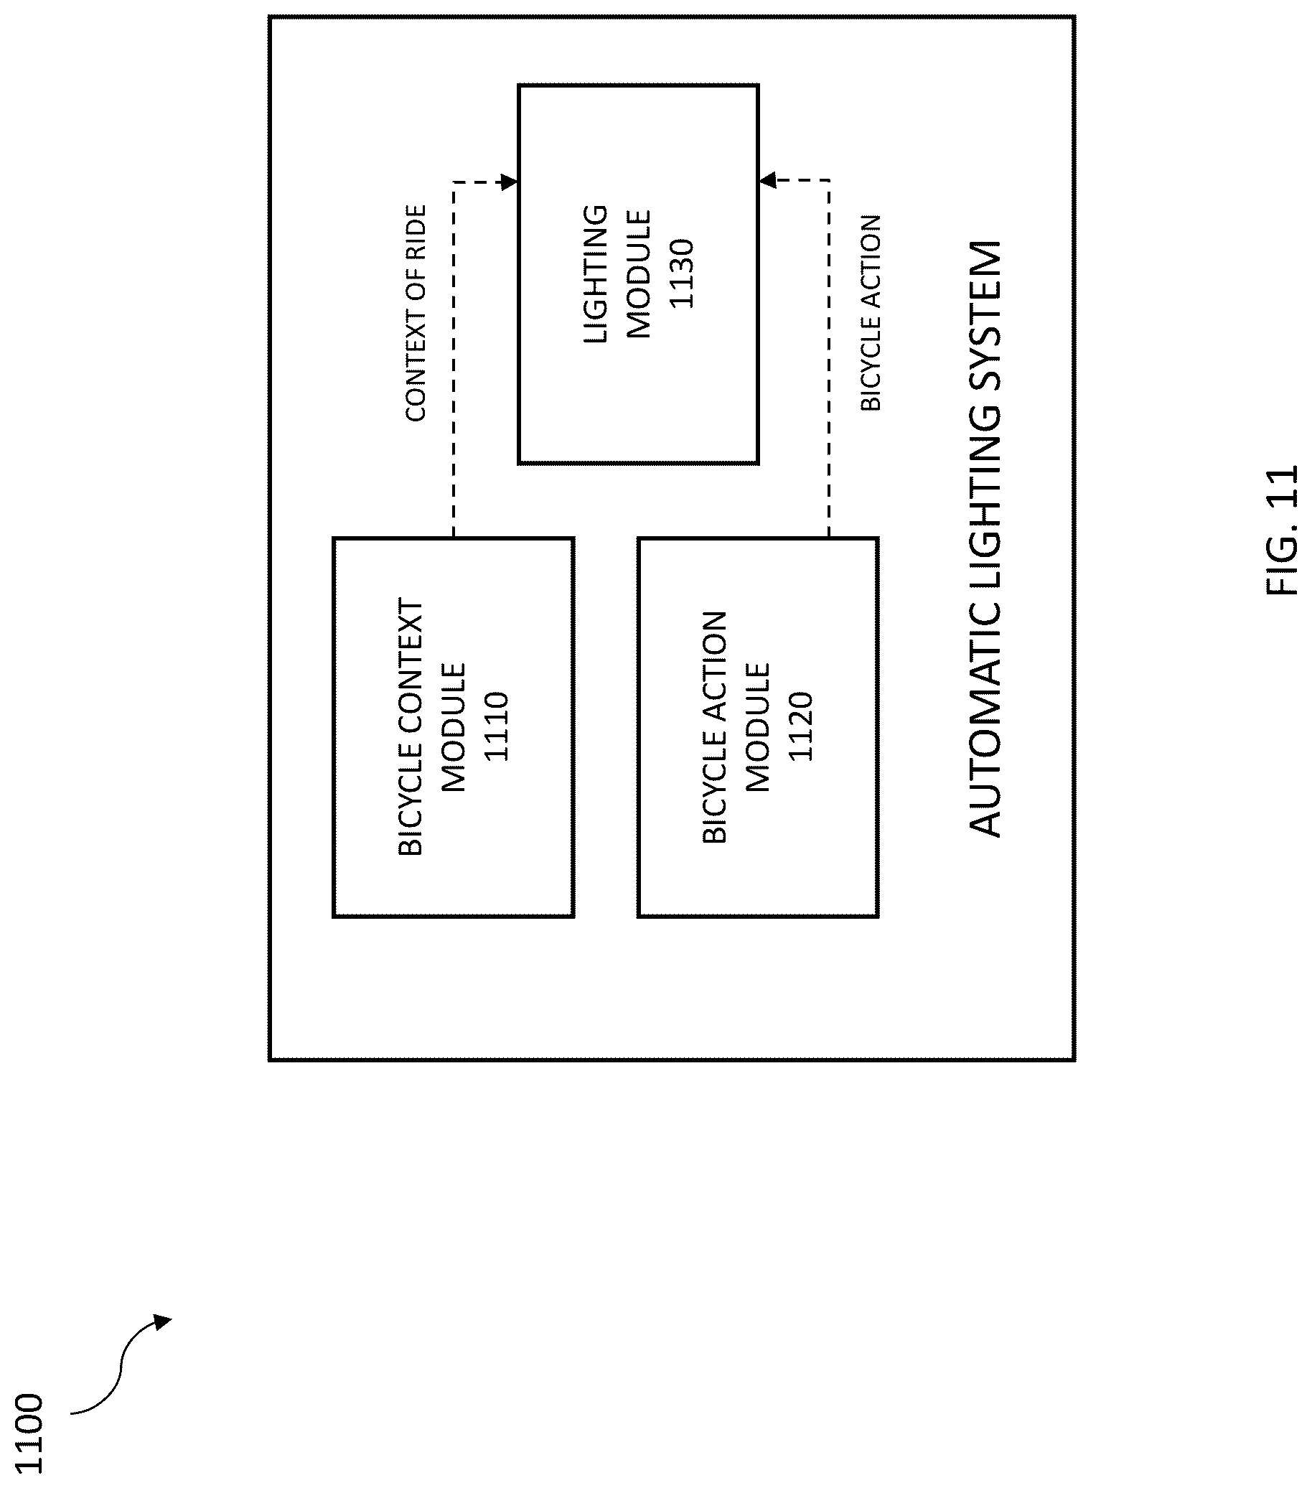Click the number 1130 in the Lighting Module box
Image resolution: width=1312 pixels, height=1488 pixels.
(x=682, y=273)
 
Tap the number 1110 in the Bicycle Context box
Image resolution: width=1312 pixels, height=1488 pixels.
(x=496, y=726)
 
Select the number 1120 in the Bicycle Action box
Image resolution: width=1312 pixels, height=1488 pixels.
(x=800, y=726)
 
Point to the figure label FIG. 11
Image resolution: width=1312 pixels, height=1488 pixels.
(x=1281, y=530)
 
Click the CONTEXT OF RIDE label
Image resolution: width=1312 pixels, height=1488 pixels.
(x=415, y=313)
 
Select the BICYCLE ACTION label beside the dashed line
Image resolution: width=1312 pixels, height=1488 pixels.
(x=871, y=313)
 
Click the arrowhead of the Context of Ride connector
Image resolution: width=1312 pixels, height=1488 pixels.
(x=509, y=182)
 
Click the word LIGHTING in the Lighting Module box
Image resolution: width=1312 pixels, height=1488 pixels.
(x=596, y=273)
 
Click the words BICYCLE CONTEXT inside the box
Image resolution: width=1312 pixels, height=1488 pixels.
(x=411, y=726)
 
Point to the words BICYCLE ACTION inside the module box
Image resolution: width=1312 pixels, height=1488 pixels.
(x=714, y=727)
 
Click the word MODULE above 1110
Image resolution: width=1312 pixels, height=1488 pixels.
(x=453, y=726)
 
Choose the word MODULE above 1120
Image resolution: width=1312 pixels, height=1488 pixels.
(x=757, y=726)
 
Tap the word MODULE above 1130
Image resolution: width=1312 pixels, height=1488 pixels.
(x=639, y=273)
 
